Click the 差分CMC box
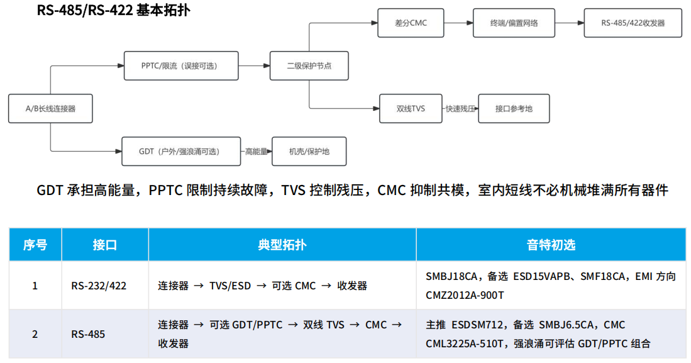point(411,23)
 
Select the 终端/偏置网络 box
point(514,23)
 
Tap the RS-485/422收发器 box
point(633,23)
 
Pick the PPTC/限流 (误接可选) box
point(181,65)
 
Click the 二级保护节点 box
point(309,65)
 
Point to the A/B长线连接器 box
point(50,108)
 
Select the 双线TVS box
point(411,108)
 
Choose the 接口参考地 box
point(514,108)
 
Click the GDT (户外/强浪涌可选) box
point(181,151)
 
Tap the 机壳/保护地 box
point(309,151)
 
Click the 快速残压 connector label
point(460,108)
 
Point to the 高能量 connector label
point(256,151)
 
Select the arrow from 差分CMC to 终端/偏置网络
point(458,23)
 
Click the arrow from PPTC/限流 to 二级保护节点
point(254,65)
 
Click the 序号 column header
point(35,245)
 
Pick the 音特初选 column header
point(551,245)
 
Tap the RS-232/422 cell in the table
point(99,286)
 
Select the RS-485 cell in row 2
point(88,334)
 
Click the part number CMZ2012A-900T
point(465,295)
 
